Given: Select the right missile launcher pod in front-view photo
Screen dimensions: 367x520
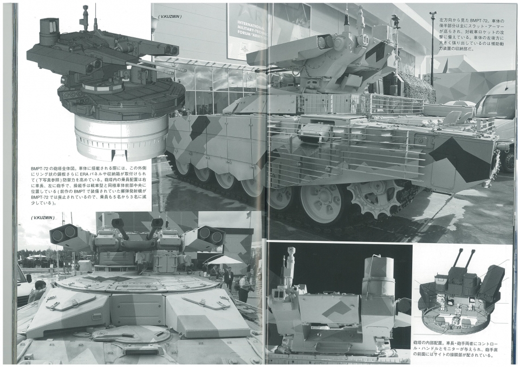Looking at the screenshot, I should pyautogui.click(x=205, y=236).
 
